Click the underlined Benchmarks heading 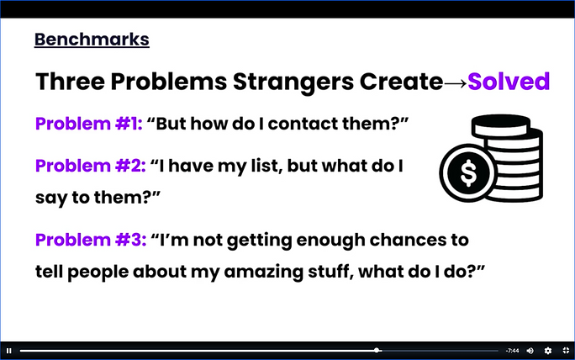92,40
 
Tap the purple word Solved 509,81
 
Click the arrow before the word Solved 456,83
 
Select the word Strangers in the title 293,82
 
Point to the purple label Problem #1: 89,124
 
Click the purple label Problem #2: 90,166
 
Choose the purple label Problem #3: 91,240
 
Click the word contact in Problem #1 303,124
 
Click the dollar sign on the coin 468,172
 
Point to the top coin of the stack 500,125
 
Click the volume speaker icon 530,351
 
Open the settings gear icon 548,351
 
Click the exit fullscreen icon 566,351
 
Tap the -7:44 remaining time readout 512,351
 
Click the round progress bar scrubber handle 377,351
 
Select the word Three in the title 70,82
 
